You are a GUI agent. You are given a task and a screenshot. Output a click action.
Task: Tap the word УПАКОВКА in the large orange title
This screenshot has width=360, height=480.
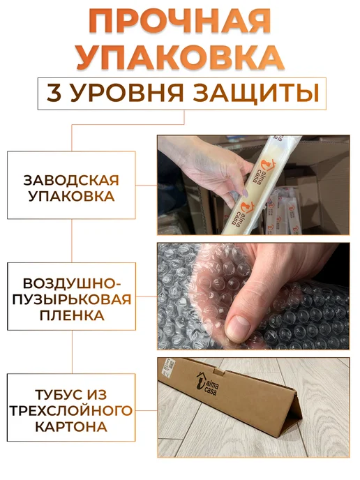180,57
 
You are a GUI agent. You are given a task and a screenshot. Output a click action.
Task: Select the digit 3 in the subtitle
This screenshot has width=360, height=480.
54,93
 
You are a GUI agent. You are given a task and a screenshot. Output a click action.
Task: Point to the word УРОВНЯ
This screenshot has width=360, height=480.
127,93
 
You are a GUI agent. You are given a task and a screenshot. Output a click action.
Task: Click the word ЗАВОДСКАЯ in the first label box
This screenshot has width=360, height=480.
71,180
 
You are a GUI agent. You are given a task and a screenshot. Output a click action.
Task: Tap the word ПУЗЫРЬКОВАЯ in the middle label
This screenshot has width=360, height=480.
72,299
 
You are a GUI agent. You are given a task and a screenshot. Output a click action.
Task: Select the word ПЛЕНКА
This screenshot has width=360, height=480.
72,315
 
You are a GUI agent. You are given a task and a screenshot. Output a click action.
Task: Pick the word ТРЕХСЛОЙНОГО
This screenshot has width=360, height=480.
71,410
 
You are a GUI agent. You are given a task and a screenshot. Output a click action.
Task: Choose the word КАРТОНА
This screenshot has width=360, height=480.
71,427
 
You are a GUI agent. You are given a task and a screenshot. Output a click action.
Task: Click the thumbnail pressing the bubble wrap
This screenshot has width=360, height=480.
238,328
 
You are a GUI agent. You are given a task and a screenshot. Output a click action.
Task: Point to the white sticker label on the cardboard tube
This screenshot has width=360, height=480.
168,368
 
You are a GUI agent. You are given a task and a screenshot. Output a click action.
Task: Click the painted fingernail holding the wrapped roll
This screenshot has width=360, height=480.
244,193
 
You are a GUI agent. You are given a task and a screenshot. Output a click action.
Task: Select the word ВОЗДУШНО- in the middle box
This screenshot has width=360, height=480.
72,284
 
